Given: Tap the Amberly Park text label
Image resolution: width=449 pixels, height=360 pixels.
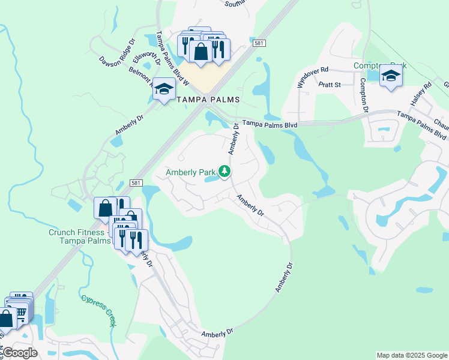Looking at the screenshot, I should click(x=191, y=172).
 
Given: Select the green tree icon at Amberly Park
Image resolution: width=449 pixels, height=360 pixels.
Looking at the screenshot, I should click(x=224, y=172).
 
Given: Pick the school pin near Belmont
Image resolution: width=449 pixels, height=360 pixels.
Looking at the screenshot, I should click(x=163, y=91).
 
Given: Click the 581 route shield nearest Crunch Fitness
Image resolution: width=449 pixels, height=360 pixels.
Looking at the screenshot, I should click(x=137, y=182).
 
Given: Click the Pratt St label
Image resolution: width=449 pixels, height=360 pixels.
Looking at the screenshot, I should click(x=330, y=85).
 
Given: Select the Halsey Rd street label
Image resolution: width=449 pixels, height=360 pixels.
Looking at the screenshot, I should click(x=427, y=94).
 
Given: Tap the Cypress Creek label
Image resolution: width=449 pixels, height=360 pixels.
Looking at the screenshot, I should click(x=97, y=310).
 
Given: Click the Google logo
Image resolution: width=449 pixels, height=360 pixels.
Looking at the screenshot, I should click(x=20, y=353).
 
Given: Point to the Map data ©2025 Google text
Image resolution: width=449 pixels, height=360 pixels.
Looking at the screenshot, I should click(x=411, y=355).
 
